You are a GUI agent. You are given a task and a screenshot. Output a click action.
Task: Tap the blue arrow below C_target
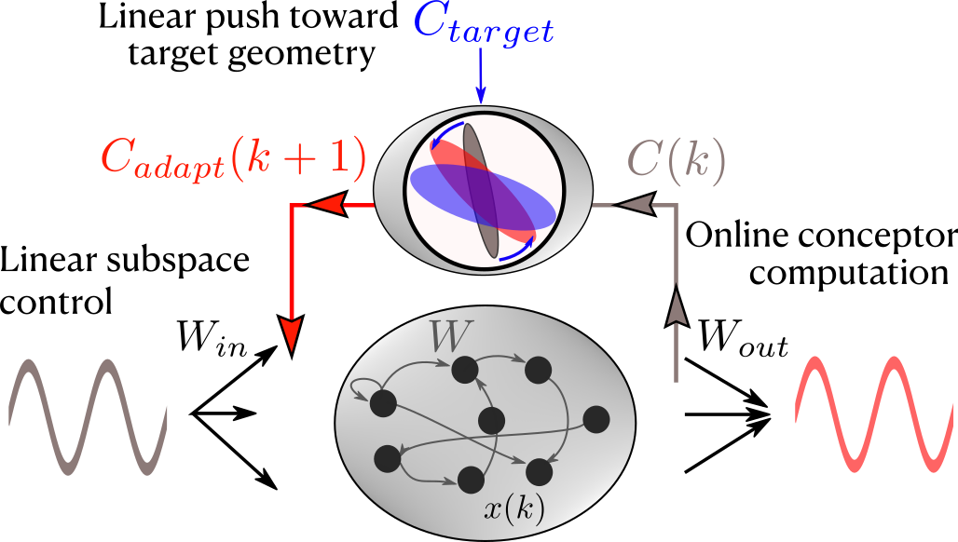tap(481, 78)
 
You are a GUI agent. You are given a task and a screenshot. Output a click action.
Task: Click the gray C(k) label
tap(676, 160)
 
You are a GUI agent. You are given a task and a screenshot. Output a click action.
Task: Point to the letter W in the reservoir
tap(447, 336)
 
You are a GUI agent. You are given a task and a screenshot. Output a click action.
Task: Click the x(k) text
tap(514, 508)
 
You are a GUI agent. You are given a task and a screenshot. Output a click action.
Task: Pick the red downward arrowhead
tap(292, 332)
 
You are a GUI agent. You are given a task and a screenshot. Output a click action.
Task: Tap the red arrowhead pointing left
tap(328, 204)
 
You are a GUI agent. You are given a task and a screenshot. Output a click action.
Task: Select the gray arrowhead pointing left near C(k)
tap(636, 204)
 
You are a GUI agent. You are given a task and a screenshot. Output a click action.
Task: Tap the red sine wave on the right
tap(874, 413)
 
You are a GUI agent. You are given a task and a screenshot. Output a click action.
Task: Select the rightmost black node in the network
tap(595, 420)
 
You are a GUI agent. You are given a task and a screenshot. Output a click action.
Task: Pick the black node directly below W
tap(465, 370)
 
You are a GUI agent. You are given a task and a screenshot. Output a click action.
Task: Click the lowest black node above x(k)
tap(471, 480)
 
